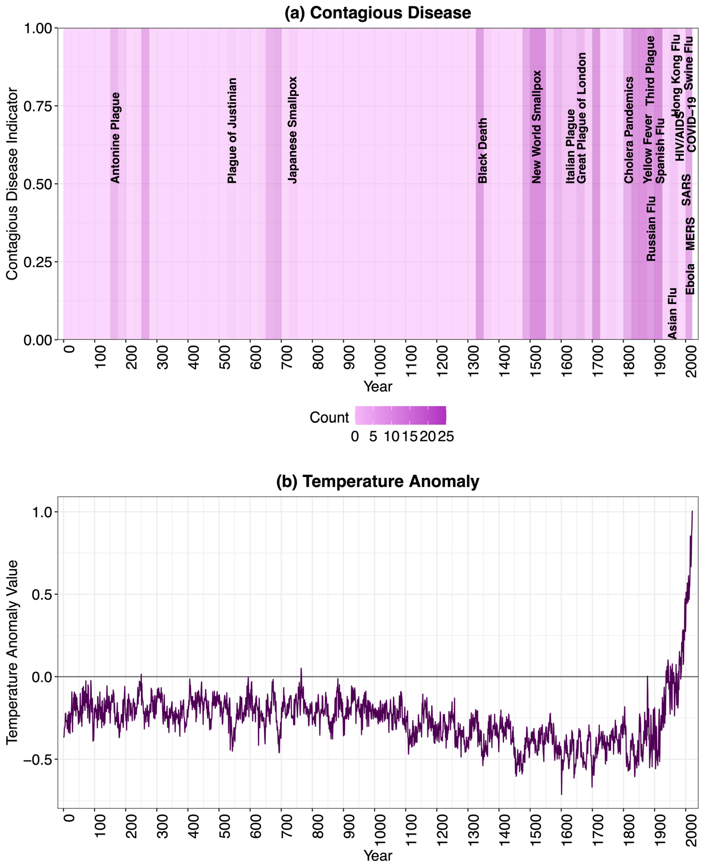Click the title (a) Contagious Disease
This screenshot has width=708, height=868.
(x=377, y=13)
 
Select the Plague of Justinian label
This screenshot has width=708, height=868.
(x=232, y=131)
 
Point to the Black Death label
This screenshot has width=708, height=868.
(x=482, y=150)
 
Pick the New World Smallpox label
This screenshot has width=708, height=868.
(x=536, y=127)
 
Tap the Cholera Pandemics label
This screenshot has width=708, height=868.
(x=629, y=130)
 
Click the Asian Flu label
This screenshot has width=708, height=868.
(x=672, y=313)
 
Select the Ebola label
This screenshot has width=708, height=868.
(x=690, y=279)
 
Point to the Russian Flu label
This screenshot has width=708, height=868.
(x=651, y=229)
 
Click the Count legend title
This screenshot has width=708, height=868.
(x=329, y=417)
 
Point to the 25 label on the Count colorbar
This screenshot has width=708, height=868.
(x=446, y=437)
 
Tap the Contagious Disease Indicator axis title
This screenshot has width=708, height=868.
(x=12, y=184)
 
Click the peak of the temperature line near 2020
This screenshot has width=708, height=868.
(x=692, y=511)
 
